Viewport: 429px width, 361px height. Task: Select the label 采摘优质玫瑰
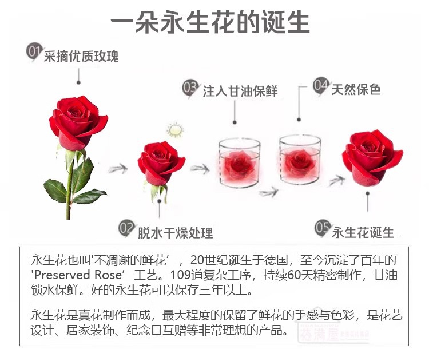coord(81,57)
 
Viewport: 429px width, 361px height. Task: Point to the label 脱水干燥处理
coord(175,233)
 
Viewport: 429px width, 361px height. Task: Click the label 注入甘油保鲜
coord(240,92)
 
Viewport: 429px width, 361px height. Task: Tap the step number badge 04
coord(321,86)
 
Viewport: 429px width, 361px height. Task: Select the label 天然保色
coord(356,89)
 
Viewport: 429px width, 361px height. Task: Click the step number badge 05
coord(323,228)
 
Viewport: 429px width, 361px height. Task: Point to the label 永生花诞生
coord(363,232)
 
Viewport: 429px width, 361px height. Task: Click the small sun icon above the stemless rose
coord(173,129)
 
